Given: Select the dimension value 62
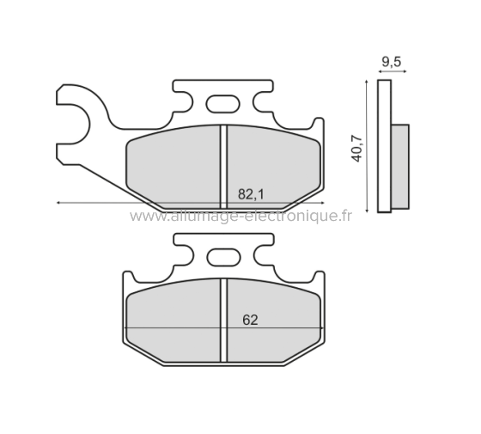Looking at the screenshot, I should (250, 320).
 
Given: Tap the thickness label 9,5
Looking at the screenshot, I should (389, 63).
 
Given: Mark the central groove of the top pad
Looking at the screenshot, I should (223, 168).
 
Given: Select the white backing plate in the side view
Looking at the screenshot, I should (384, 146).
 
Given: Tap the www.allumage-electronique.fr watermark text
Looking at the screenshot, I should (240, 217).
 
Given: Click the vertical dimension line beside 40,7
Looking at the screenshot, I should (368, 146).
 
